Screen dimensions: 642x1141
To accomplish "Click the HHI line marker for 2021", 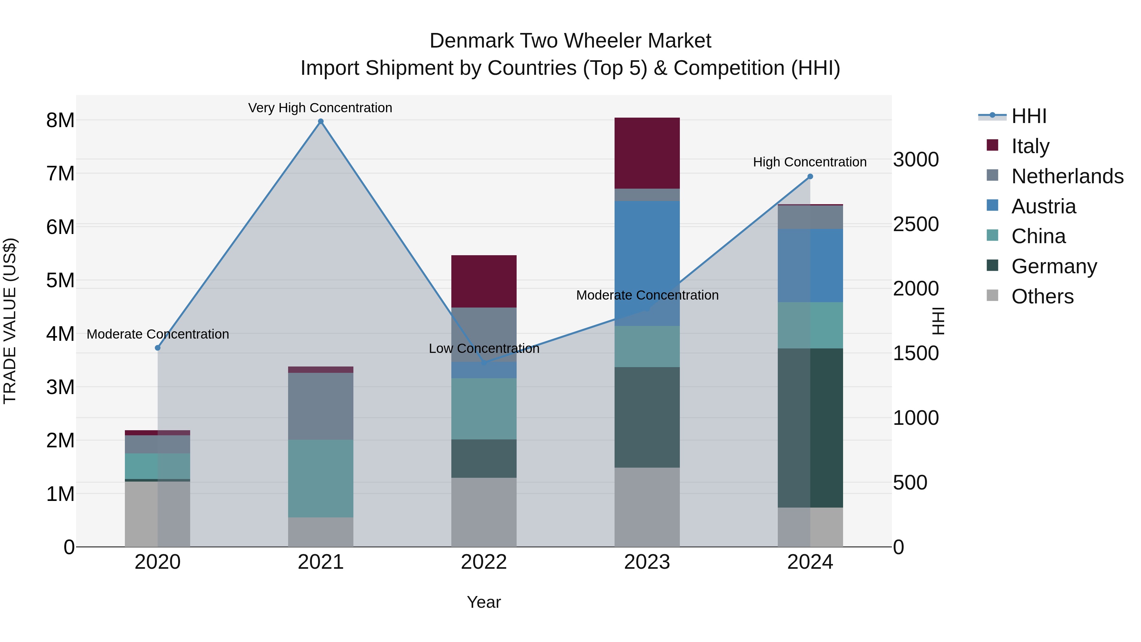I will pyautogui.click(x=321, y=121).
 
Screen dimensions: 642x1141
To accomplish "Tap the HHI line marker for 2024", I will pyautogui.click(x=810, y=176).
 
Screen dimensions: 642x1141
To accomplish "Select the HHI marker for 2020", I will pyautogui.click(x=158, y=348).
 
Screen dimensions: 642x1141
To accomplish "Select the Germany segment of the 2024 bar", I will pyautogui.click(x=810, y=428).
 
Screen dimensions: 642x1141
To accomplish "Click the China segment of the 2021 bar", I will pyautogui.click(x=321, y=478).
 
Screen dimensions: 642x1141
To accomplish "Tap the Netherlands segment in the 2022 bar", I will pyautogui.click(x=484, y=334).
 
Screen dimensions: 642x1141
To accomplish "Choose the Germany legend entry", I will pyautogui.click(x=1054, y=266).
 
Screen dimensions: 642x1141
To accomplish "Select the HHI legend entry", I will pyautogui.click(x=1028, y=116).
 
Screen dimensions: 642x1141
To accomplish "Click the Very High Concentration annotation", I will pyautogui.click(x=320, y=108).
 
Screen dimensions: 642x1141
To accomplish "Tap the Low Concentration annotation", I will pyautogui.click(x=484, y=348).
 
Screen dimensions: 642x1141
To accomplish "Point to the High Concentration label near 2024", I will pyautogui.click(x=810, y=162).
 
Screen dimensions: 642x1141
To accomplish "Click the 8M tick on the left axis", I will pyautogui.click(x=60, y=120).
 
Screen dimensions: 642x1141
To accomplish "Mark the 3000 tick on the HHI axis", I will pyautogui.click(x=916, y=159).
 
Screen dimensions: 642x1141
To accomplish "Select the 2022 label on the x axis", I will pyautogui.click(x=484, y=562).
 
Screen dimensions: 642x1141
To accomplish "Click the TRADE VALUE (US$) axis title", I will pyautogui.click(x=10, y=321).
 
